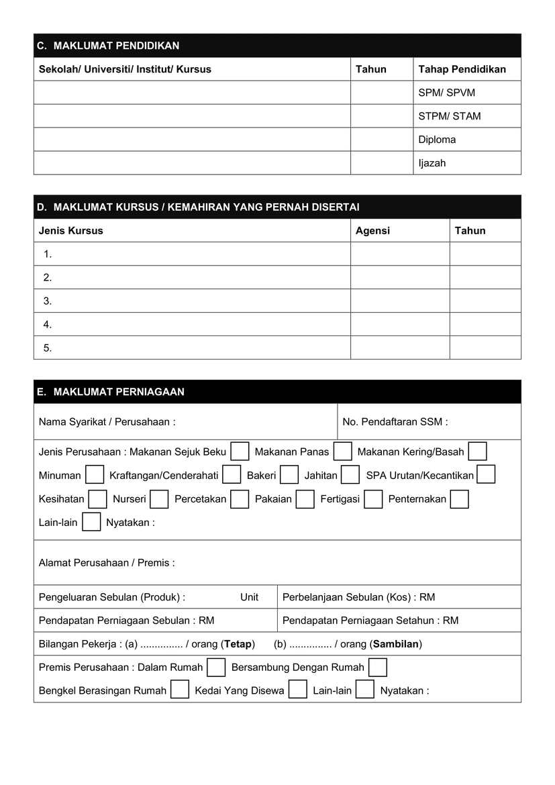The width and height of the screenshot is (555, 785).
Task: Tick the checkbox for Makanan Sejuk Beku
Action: click(240, 452)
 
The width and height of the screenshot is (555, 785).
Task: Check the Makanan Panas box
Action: click(343, 452)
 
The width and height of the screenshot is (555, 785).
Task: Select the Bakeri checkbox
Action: click(289, 475)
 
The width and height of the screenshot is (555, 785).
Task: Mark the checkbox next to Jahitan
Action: click(350, 475)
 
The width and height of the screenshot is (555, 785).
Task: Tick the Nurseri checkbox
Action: click(159, 499)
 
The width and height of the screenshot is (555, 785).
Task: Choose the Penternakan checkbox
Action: click(460, 499)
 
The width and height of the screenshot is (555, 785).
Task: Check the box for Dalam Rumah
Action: click(216, 668)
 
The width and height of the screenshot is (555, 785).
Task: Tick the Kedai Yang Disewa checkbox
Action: click(298, 690)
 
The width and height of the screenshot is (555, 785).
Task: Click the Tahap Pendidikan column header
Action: click(462, 69)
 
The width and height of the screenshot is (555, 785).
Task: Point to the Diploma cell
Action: click(437, 140)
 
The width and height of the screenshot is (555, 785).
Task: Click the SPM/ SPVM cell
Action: click(446, 93)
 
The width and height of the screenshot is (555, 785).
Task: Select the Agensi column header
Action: click(372, 230)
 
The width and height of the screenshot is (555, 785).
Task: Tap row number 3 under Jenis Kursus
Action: click(48, 301)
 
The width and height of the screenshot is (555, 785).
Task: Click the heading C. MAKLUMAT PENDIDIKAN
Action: click(108, 46)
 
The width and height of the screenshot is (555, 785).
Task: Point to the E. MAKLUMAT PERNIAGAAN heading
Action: click(111, 392)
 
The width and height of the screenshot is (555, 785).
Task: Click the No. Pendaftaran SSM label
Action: click(395, 422)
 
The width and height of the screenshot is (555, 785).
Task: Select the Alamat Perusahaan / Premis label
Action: click(107, 563)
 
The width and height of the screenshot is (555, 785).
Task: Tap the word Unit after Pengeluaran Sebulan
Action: click(249, 597)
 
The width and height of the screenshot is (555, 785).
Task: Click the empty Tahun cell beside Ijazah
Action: click(381, 163)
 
